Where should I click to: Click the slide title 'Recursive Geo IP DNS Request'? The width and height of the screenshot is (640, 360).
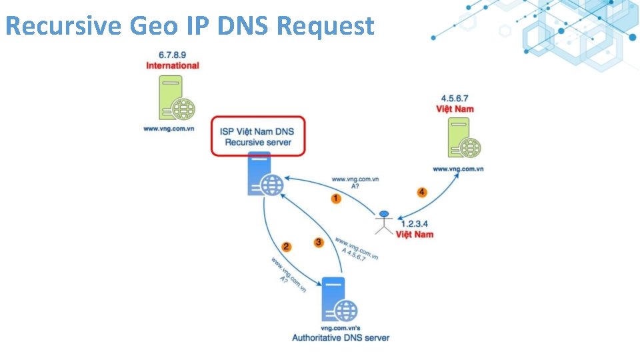click(190, 27)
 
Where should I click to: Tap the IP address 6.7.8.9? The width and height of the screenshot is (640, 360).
click(173, 55)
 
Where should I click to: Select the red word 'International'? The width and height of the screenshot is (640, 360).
click(173, 65)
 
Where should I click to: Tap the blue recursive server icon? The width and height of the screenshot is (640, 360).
click(264, 175)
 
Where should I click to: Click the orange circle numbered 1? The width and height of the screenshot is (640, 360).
click(337, 199)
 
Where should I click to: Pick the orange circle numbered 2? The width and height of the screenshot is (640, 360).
click(287, 247)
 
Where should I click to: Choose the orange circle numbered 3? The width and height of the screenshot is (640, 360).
click(319, 243)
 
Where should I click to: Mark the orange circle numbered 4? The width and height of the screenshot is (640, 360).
click(421, 193)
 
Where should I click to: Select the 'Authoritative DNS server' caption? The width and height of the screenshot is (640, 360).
click(341, 338)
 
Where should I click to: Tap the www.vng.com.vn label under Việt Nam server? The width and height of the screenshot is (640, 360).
click(458, 169)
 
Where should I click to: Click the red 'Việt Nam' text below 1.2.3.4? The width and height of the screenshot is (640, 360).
click(415, 235)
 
